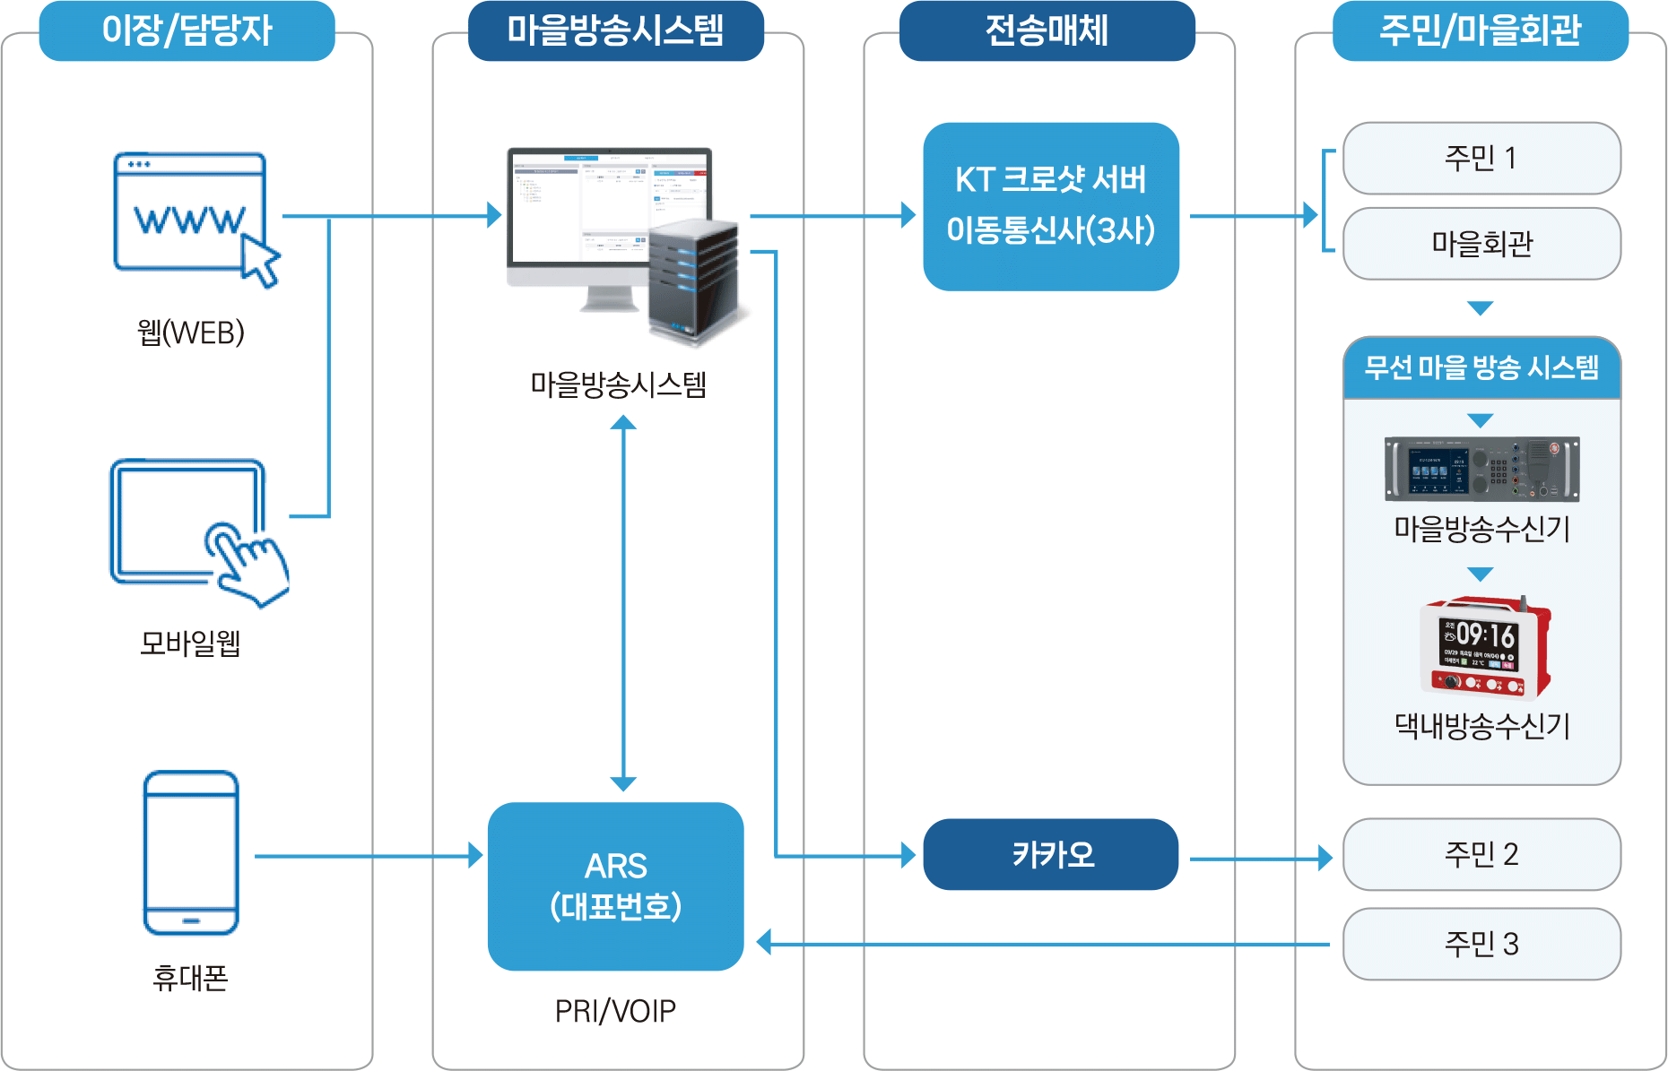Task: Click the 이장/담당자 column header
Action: (187, 30)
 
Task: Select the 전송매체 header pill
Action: (1047, 30)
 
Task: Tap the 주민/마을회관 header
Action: (1480, 30)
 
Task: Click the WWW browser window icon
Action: (190, 212)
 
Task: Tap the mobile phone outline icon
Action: (191, 851)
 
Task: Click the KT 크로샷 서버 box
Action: (1051, 206)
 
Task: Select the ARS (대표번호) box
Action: (615, 885)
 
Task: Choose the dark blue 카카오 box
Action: (1051, 854)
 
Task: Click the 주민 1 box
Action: (1481, 159)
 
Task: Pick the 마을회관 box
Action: (1481, 244)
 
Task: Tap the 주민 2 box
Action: (1481, 854)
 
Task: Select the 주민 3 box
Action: (1481, 944)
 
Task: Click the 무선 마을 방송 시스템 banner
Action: (1481, 367)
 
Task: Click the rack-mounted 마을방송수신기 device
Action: (1481, 469)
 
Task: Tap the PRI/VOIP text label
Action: (615, 1011)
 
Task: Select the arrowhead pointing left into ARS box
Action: (764, 943)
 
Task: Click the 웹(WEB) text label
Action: (190, 333)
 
